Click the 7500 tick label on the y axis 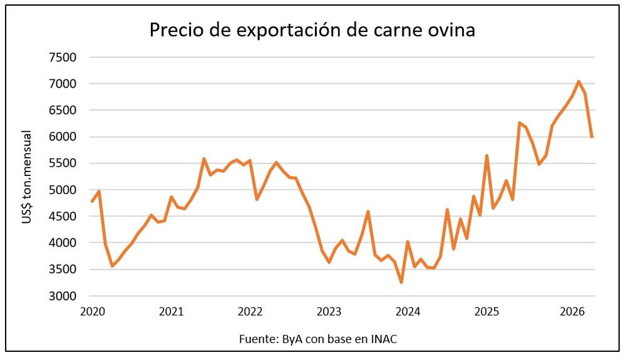coord(62,58)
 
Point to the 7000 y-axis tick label coord(62,84)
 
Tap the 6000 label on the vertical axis coord(62,137)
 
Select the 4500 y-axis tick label coord(62,217)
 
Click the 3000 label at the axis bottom coord(62,296)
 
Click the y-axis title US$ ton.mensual coord(27,177)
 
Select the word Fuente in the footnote coord(256,339)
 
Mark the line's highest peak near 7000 coord(578,81)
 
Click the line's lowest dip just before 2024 coord(401,282)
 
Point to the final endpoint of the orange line coord(592,136)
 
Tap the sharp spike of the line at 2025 coord(486,155)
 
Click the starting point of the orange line coord(92,202)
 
